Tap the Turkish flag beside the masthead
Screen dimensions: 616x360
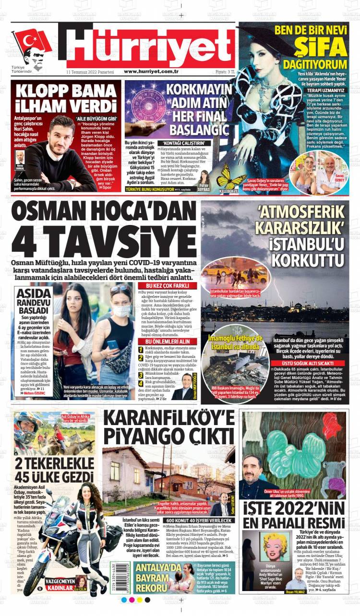tap(32, 41)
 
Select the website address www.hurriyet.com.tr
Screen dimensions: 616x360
tap(151, 71)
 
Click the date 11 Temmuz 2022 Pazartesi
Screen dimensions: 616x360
tap(90, 71)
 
